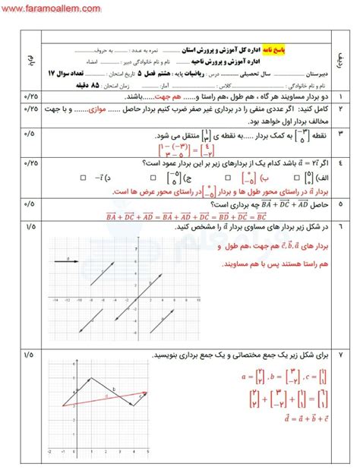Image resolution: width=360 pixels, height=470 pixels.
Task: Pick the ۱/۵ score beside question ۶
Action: (x=30, y=226)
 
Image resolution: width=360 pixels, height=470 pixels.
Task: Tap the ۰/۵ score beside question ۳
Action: (x=30, y=134)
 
